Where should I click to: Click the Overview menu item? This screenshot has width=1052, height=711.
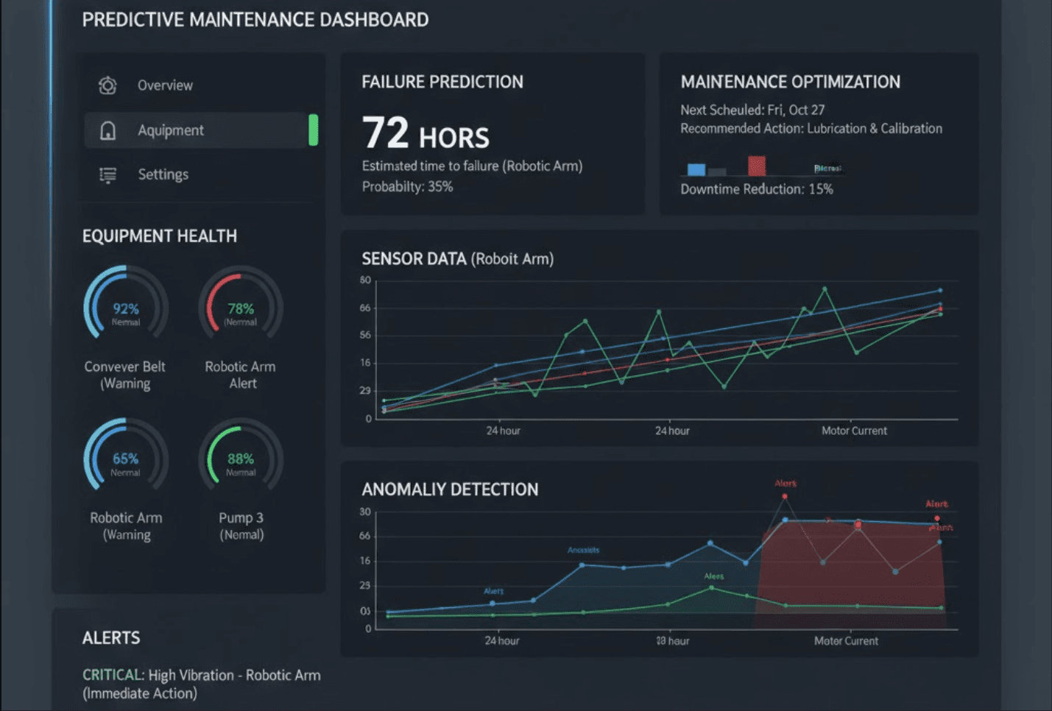[x=165, y=85]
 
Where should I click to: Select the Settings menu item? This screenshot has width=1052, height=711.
[x=163, y=174]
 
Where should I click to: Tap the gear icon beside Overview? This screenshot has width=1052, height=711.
[x=107, y=85]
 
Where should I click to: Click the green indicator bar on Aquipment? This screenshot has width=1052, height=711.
[x=314, y=130]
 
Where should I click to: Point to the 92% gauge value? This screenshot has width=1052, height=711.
[x=126, y=308]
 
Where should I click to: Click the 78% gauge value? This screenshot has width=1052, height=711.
[x=241, y=308]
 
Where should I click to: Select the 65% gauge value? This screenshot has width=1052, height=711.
[x=125, y=459]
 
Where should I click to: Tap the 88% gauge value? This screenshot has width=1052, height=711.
[x=241, y=459]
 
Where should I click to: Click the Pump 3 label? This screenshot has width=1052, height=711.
[x=241, y=518]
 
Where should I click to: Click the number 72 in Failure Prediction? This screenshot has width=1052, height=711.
[x=385, y=133]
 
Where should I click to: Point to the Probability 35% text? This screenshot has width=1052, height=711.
[x=407, y=187]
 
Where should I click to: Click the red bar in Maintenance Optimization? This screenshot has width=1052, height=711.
[x=756, y=166]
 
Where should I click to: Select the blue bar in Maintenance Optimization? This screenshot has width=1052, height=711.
[x=696, y=169]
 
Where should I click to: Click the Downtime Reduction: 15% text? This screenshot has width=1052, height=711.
[x=756, y=189]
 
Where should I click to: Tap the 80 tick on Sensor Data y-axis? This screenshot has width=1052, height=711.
[x=365, y=280]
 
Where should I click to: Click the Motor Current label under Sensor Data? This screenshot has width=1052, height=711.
[x=854, y=431]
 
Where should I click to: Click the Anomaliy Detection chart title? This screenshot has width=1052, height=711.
[x=450, y=489]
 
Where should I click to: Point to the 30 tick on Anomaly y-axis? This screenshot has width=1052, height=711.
[x=365, y=512]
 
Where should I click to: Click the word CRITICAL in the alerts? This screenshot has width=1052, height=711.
[x=112, y=675]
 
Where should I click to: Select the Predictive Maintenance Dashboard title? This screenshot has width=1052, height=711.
[x=255, y=20]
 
